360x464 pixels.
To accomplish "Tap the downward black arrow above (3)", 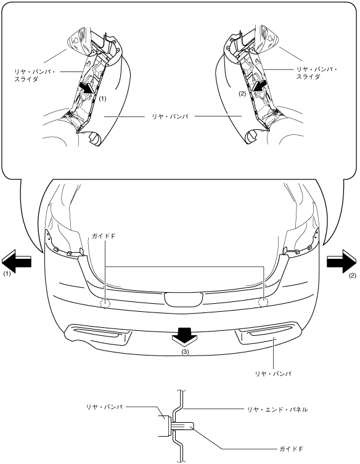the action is (184, 336).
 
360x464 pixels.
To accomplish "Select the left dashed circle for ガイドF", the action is (105, 303).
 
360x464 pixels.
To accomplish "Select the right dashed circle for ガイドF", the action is (263, 302).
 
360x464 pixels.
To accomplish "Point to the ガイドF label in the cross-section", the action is (292, 449).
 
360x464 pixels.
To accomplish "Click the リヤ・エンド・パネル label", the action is (277, 410).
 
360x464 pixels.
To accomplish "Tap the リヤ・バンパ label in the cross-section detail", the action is (104, 407).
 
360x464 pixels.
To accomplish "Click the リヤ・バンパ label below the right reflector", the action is (273, 374).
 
